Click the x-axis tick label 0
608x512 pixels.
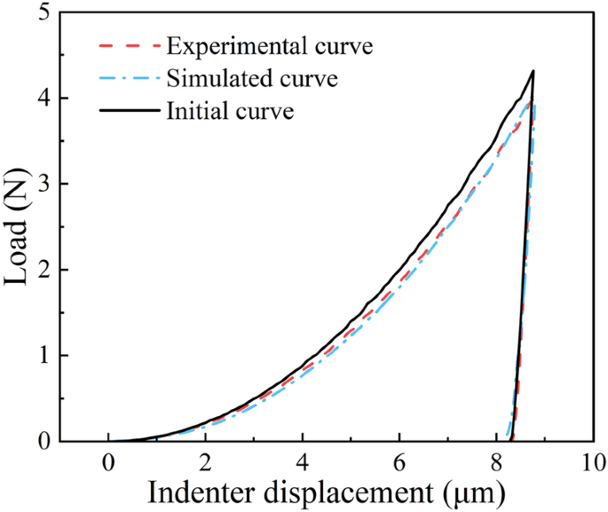click(108, 461)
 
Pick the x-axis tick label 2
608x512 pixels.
click(205, 461)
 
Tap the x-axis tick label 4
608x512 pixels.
click(303, 461)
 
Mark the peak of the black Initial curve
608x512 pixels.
click(533, 71)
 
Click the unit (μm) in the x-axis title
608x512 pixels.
click(478, 492)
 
